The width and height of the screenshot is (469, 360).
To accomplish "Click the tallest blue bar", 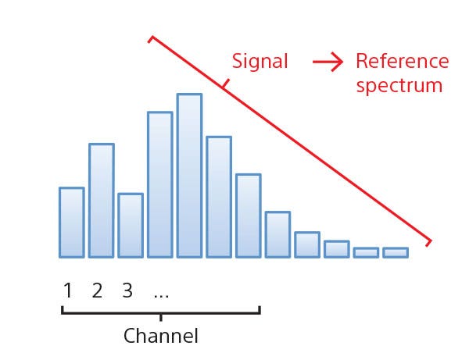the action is tap(189, 176).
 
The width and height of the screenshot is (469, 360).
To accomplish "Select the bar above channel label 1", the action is tap(72, 223).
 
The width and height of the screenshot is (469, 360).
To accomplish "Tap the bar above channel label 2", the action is tap(102, 201).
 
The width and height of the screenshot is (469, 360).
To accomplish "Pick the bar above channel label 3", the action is tap(131, 225).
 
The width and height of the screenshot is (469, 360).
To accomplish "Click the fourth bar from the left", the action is tap(160, 184).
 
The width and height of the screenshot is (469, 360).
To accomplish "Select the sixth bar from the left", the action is tap(219, 197).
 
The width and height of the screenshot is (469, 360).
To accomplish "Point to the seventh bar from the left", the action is tap(249, 216).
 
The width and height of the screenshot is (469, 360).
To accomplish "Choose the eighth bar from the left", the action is tap(277, 234).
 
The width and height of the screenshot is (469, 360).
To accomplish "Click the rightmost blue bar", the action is tap(396, 252).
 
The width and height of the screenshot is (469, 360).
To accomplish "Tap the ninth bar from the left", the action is tap(307, 244).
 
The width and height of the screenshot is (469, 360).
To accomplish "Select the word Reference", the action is tap(403, 61).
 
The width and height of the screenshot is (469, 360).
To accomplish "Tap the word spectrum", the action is tap(399, 86).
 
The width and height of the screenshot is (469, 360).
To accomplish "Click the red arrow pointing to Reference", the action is tap(328, 62).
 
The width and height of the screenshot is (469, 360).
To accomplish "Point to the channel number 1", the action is tap(68, 290).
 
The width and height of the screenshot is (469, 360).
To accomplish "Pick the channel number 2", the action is tap(97, 290).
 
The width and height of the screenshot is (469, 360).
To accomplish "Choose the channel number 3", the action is tap(127, 290).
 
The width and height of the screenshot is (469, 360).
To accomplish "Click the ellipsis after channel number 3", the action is tap(161, 296).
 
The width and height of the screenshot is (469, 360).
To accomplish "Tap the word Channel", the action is tap(161, 336).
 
